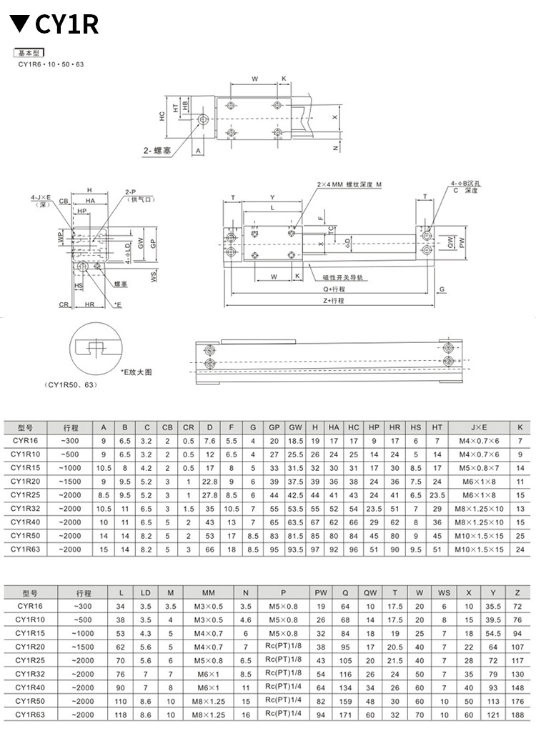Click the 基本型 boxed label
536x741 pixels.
tap(30, 54)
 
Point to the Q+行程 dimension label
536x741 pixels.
tap(332, 289)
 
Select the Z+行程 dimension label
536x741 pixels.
tap(332, 301)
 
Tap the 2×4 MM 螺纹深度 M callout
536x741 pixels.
tap(350, 184)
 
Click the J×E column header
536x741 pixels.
tap(478, 427)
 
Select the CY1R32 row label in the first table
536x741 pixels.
tap(29, 509)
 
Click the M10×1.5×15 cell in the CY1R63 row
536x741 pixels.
tap(478, 549)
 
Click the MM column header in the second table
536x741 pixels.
tap(208, 592)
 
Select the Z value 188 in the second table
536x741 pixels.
tap(517, 714)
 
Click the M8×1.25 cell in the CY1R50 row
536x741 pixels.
tap(208, 700)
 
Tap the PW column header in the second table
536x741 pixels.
tap(320, 592)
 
